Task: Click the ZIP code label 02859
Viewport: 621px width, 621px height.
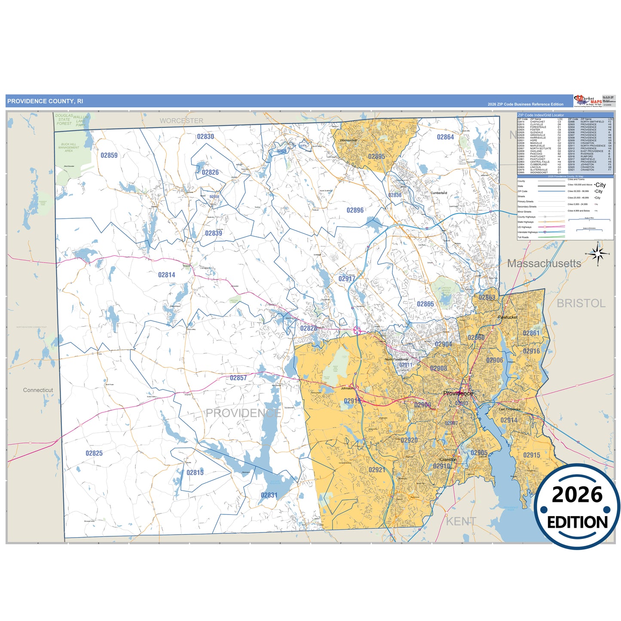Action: pos(109,156)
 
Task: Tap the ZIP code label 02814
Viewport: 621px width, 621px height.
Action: pos(166,275)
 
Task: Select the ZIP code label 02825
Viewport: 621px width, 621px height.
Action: pos(94,453)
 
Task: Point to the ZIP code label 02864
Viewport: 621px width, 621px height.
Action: pos(445,137)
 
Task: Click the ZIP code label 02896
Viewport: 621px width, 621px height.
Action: pos(355,210)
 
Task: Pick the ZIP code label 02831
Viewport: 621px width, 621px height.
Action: pos(269,495)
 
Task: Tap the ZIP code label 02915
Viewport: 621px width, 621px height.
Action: pos(532,455)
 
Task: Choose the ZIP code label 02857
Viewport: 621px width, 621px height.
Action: pos(238,378)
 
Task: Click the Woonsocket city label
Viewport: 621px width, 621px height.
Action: pos(348,140)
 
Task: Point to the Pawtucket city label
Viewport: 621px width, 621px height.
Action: pos(508,317)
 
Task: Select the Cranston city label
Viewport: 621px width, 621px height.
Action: pos(448,459)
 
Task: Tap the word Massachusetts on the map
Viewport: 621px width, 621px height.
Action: pos(544,263)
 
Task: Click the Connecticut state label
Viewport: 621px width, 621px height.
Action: pos(38,390)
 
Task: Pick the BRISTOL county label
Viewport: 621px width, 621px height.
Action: pos(581,303)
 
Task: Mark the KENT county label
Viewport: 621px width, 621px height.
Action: pos(461,521)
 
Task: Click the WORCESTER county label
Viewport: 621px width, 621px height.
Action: pos(181,121)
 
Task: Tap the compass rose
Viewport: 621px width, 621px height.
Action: pos(597,254)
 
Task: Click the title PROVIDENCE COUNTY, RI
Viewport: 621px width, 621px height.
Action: pos(45,101)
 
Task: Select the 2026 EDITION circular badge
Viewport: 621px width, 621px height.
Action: pos(577,507)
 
